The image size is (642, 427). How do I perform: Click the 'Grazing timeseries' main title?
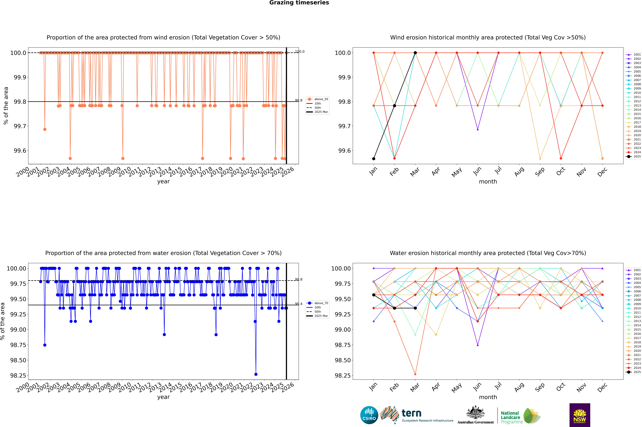click(x=299, y=3)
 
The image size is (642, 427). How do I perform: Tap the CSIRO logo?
click(x=369, y=415)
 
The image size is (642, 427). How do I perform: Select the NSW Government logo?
click(x=580, y=415)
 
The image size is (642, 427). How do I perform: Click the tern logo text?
click(x=411, y=413)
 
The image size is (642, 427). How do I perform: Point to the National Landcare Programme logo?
click(x=520, y=416)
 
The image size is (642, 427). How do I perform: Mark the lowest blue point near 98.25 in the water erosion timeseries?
click(x=256, y=374)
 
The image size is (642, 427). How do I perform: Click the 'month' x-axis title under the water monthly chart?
click(x=488, y=397)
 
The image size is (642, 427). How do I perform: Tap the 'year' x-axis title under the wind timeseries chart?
click(x=163, y=181)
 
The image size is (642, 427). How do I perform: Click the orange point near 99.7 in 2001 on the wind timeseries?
click(x=45, y=129)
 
